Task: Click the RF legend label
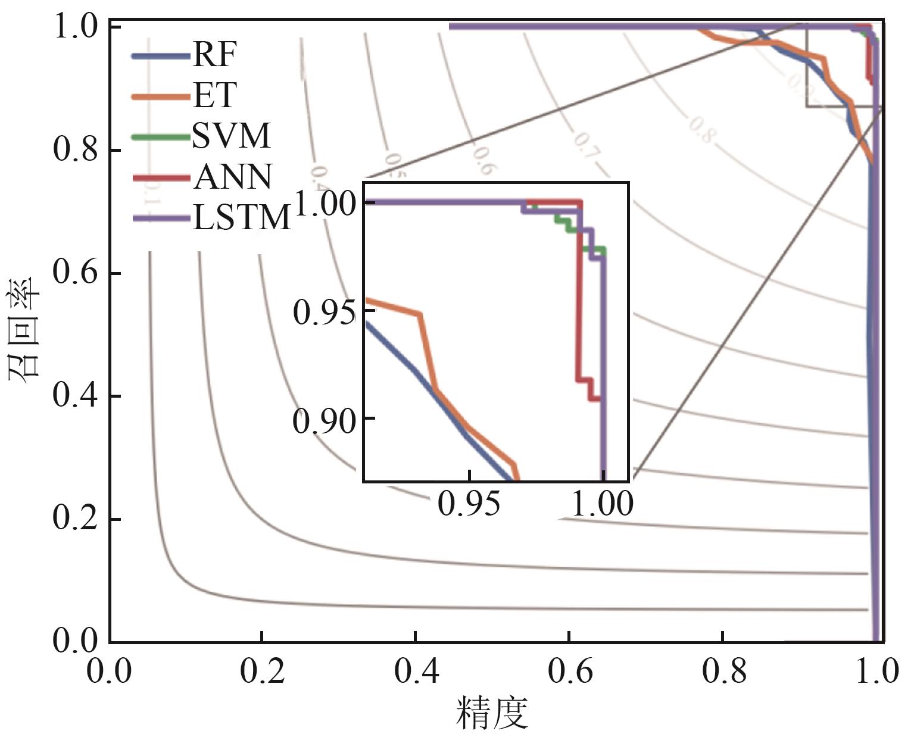214,55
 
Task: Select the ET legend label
214,95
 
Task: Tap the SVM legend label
231,136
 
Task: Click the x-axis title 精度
492,713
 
